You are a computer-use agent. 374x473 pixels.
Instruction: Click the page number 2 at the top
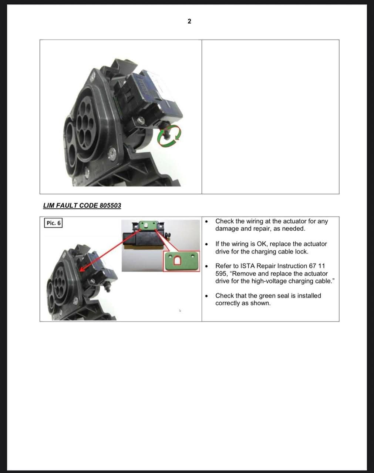pos(189,21)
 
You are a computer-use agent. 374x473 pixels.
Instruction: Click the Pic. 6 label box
pos(53,223)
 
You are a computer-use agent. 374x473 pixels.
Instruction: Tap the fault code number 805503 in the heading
pos(110,205)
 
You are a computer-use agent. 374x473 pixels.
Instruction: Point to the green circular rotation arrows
pos(169,135)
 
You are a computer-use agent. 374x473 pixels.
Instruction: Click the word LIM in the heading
pos(48,205)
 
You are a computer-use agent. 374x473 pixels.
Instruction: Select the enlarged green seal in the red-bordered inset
pos(181,261)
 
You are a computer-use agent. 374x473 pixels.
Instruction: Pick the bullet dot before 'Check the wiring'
pos(206,222)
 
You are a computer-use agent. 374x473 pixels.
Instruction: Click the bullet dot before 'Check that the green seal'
pos(206,296)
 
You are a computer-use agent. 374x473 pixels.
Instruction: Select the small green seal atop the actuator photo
pos(148,225)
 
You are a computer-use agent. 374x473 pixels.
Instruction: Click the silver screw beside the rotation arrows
pos(141,120)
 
